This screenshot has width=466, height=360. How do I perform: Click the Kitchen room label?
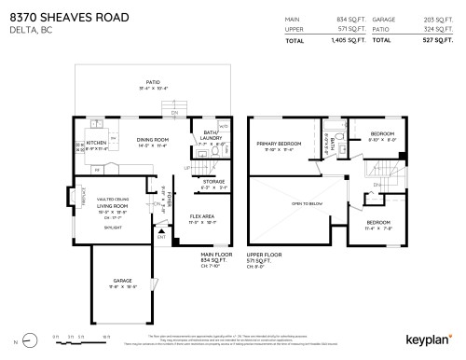96,144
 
